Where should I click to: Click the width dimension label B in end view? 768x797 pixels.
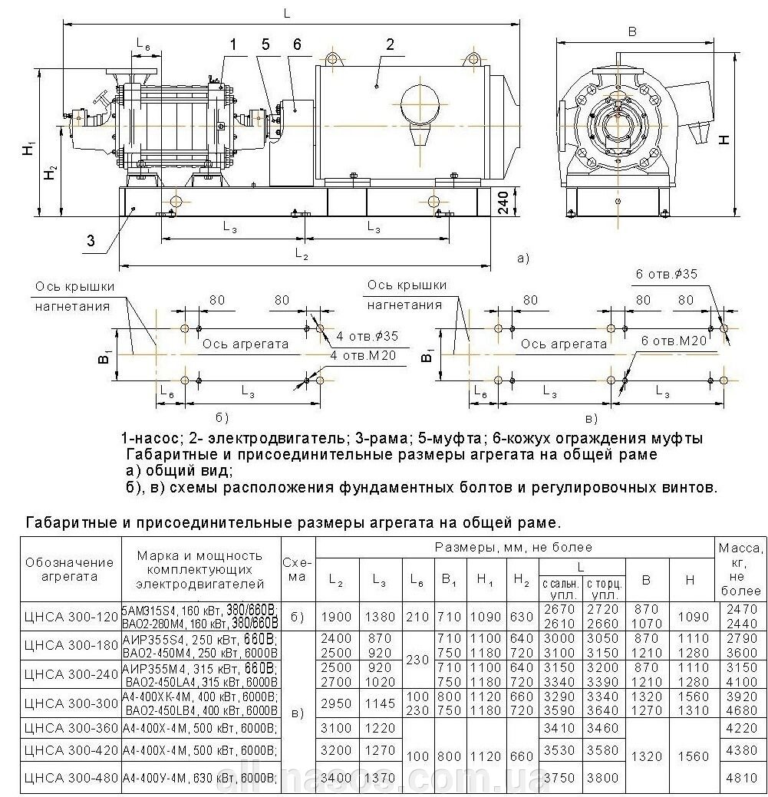(x=632, y=31)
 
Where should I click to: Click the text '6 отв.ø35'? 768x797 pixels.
(x=666, y=274)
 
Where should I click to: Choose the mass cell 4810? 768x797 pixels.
(x=740, y=778)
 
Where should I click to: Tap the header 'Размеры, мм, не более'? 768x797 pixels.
(x=514, y=547)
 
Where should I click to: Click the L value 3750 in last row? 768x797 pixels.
(x=559, y=778)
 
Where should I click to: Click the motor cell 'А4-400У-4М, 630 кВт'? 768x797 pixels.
(x=198, y=778)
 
